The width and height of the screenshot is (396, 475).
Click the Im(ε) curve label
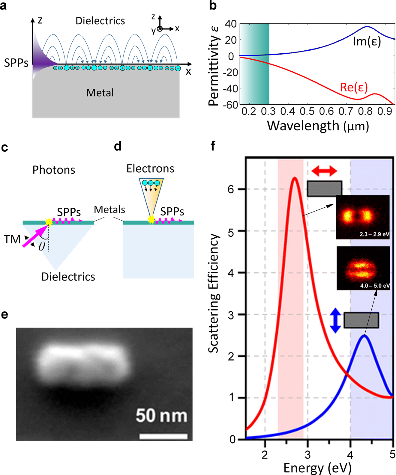[x=367, y=41]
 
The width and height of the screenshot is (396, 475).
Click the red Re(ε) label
[x=354, y=87]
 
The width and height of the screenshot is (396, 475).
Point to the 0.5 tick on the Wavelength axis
[x=307, y=111]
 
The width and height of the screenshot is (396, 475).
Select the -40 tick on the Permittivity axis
[x=231, y=89]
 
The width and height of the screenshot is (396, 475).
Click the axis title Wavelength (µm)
[x=318, y=126]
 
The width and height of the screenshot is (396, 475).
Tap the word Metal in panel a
[x=100, y=93]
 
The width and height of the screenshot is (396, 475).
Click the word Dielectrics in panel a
[x=100, y=21]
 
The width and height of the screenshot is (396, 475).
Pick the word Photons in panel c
[x=54, y=170]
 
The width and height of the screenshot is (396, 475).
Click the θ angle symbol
[x=42, y=247]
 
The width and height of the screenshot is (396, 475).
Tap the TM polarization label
[x=12, y=239]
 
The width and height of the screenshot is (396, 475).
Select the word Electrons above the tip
[x=150, y=169]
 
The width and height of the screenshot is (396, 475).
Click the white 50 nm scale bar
[x=163, y=436]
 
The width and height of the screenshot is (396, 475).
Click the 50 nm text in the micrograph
[x=161, y=416]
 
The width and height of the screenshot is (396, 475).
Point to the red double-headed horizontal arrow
[x=324, y=171]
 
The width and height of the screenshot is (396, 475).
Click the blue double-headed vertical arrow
[x=335, y=321]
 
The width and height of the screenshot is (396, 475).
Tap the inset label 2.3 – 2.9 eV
[x=374, y=234]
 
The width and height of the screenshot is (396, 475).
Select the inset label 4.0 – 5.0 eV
[x=375, y=286]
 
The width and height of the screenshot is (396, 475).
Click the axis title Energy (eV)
[x=317, y=468]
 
